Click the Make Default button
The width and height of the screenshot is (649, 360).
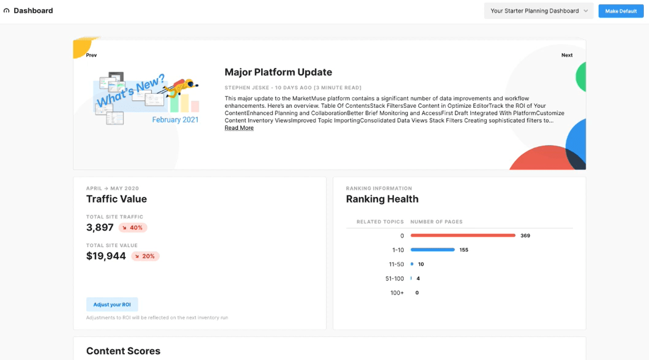621,11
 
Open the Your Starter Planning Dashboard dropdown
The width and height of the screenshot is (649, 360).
538,11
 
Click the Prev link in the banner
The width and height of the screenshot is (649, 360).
92,55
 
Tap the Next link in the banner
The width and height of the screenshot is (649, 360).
567,55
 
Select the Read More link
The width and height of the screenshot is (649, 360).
239,128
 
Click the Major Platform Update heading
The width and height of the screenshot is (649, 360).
278,72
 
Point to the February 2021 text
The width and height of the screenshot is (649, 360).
175,120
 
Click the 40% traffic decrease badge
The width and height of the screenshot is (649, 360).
133,228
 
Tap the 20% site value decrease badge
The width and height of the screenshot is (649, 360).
145,256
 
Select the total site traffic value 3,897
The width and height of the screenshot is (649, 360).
100,228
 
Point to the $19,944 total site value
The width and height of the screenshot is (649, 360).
106,256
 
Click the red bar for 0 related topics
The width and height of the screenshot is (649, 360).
463,235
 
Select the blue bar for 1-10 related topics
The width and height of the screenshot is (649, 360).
432,250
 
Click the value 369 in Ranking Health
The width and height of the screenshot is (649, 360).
525,236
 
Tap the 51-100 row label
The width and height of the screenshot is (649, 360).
395,279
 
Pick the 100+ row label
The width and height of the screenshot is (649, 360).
397,293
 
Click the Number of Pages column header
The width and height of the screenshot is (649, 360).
436,222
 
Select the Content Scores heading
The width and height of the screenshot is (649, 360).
123,351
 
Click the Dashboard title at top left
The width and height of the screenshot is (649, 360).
33,11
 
